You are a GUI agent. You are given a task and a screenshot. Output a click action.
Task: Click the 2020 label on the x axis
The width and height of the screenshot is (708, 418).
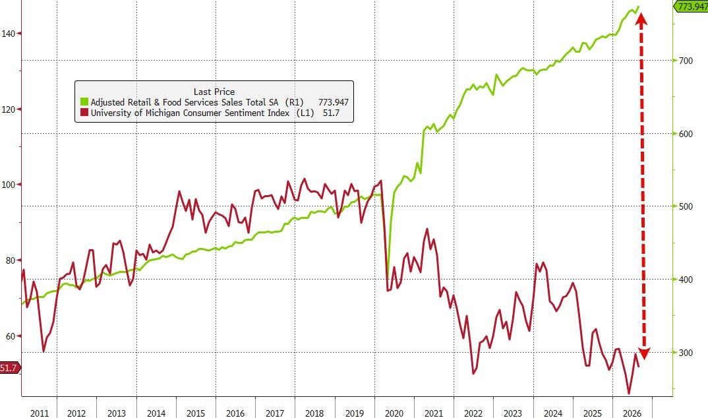394,413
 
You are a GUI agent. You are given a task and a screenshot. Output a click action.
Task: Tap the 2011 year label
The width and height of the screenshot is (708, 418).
40,413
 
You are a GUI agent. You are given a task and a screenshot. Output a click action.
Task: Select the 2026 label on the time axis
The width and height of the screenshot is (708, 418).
632,413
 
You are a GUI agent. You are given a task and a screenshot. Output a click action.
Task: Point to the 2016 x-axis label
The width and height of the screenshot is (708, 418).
235,413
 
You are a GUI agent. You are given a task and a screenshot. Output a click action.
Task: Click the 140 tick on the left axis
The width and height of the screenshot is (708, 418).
8,34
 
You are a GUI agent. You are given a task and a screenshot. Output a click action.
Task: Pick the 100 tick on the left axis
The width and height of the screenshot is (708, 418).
8,185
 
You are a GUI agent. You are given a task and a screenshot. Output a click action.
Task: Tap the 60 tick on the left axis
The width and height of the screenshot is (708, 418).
11,336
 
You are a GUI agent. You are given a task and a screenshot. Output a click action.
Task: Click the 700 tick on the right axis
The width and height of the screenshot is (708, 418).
686,61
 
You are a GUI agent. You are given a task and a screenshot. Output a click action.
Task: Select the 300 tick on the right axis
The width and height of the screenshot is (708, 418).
686,353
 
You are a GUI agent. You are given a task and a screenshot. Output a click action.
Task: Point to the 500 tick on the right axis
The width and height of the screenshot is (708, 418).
686,206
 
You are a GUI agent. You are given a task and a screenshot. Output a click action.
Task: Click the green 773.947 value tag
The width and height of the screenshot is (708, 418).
691,7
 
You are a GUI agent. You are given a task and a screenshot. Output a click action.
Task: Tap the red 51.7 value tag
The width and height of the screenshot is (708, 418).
10,368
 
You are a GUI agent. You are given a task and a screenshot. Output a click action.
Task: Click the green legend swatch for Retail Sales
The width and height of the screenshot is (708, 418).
84,102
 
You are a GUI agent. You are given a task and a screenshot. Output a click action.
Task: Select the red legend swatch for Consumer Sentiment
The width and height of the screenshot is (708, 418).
84,112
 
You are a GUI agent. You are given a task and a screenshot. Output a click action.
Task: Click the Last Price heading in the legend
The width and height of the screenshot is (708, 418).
214,92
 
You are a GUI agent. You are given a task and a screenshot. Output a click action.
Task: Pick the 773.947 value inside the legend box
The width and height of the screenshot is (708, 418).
333,102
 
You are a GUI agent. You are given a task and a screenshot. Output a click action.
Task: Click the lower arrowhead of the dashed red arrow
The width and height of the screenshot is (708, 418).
644,354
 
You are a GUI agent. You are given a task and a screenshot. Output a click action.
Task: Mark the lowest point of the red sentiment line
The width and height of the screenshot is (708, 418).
628,394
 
